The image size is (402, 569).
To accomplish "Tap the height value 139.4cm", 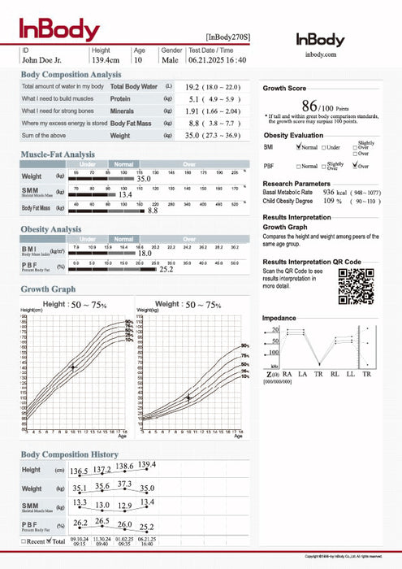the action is (x=106, y=59).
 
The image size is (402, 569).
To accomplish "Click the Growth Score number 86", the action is (x=309, y=106).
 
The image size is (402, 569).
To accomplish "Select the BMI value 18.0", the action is (x=145, y=254).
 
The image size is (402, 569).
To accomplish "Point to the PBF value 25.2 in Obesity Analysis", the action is (x=166, y=269).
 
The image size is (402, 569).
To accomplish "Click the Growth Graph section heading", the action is (x=48, y=289).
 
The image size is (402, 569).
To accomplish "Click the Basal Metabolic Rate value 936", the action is (x=330, y=192).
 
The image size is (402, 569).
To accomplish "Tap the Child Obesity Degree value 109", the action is (x=329, y=200).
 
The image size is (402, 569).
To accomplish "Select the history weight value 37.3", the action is (x=124, y=484).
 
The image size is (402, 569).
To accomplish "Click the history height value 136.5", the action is (x=79, y=471).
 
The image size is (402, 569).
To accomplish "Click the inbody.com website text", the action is (x=320, y=54).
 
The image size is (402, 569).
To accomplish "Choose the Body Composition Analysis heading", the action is (x=72, y=74).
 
